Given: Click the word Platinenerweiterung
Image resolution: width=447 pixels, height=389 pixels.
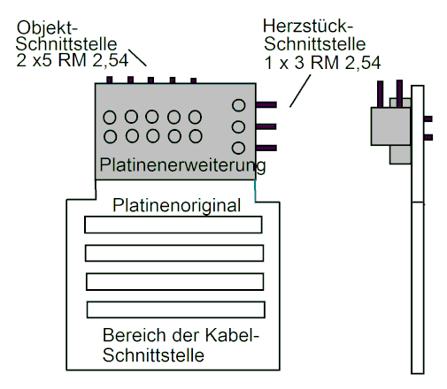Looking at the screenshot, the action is (x=182, y=165).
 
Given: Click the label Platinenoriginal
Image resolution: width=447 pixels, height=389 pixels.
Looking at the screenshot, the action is (x=176, y=206).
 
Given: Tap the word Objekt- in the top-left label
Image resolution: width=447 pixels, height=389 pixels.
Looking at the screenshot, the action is (x=47, y=28).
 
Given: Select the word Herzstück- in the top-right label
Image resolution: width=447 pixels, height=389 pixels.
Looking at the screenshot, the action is (x=308, y=26).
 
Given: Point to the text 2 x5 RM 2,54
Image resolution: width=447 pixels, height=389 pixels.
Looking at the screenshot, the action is (x=73, y=60).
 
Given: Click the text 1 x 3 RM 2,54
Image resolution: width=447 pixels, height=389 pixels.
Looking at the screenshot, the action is (x=322, y=63).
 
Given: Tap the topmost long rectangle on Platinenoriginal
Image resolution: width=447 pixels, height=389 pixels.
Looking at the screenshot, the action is (x=173, y=225).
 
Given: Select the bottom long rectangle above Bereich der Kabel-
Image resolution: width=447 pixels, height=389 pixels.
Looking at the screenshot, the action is (x=176, y=309).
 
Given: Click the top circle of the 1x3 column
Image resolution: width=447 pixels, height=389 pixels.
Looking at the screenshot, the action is (x=238, y=105).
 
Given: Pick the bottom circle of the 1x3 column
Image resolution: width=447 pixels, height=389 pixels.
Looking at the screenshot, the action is (x=238, y=148).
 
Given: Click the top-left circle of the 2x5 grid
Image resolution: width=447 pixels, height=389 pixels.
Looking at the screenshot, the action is (x=110, y=118).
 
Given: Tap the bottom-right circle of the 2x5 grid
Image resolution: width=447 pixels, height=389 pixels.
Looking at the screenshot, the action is (x=196, y=136).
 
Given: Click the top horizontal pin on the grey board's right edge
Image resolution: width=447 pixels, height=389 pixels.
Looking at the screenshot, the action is (x=266, y=104).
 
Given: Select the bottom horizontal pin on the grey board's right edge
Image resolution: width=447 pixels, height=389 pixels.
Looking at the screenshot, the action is (x=266, y=148).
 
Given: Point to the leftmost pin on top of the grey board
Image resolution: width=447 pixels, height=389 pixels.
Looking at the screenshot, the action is (x=110, y=80).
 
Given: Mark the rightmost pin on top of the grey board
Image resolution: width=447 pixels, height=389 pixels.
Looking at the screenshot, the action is (x=194, y=80).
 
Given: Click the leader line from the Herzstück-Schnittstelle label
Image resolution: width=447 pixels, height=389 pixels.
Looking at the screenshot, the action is (x=300, y=91).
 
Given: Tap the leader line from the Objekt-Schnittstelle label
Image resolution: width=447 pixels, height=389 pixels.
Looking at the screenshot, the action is (x=137, y=57).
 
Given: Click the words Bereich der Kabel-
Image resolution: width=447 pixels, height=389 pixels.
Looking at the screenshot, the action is (x=181, y=335).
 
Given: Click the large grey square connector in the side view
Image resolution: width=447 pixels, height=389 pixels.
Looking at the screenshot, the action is (x=390, y=126).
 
